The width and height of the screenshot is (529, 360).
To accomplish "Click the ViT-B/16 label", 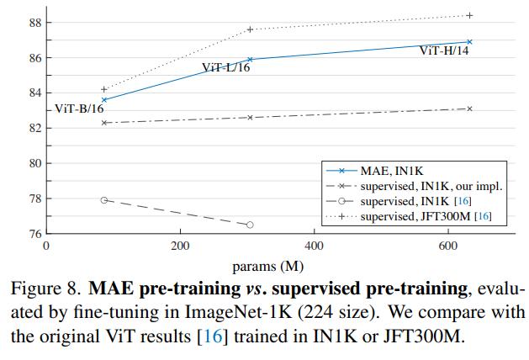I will pos(79,109).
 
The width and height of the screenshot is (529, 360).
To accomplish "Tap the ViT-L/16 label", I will pos(225,68).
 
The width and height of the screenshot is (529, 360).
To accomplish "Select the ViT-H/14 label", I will pos(444,51).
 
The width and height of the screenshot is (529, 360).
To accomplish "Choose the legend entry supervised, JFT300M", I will pos(426,217).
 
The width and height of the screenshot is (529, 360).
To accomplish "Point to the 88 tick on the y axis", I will pos(34,23).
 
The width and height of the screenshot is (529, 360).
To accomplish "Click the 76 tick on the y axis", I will pos(34,234).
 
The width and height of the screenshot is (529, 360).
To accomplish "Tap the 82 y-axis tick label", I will pos(34,129).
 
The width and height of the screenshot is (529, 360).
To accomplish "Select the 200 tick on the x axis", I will pos(179,245).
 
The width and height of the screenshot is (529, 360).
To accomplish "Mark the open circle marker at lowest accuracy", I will pos(250,225).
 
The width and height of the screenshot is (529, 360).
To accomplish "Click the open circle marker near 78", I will pos(104,200).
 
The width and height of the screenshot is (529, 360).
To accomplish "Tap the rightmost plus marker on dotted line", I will pos(469,15).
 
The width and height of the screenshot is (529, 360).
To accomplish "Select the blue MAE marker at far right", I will pos(469,41).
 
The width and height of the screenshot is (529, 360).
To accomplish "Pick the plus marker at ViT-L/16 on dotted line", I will pos(250,29).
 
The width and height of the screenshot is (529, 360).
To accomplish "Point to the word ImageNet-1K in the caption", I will pos(265,313).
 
